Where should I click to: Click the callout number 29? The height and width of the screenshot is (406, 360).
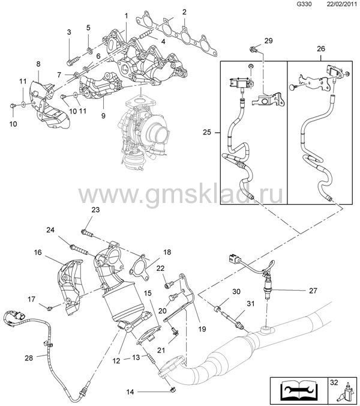point(268,41)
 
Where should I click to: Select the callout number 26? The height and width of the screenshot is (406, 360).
point(321,49)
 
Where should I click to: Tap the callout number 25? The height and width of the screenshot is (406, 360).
point(207,132)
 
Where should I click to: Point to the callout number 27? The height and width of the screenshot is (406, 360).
point(313,291)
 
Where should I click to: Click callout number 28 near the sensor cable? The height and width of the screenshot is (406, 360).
point(29,358)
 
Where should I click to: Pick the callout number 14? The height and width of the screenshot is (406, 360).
point(130,392)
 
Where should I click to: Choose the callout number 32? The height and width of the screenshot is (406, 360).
point(334,382)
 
